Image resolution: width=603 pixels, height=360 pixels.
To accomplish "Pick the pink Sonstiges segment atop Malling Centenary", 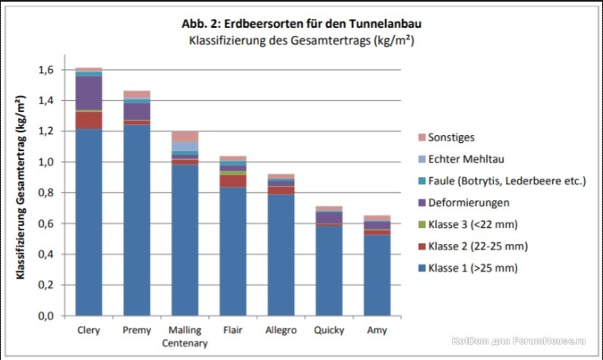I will pos(184,136).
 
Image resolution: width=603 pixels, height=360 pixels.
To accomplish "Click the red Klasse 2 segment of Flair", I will pos(232,181).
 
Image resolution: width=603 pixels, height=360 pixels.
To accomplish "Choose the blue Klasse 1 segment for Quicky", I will pos(328,271).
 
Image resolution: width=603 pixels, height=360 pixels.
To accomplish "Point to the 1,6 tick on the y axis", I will pos(47,70).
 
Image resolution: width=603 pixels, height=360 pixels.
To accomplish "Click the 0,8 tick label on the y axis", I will pos(47,193).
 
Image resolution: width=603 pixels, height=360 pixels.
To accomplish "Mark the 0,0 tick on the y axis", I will pos(47,316).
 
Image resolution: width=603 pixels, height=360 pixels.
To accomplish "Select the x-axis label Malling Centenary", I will pos(184,336).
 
